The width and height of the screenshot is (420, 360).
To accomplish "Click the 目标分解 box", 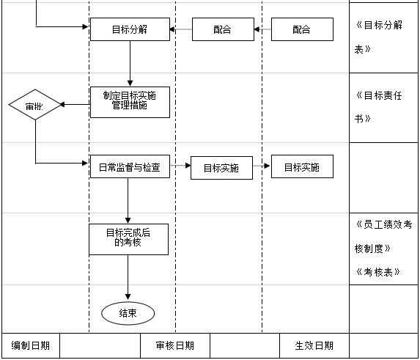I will tap(130, 29).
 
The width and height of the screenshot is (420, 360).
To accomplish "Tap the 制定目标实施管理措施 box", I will tap(130, 102).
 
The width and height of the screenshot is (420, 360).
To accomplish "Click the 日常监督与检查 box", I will tap(130, 166).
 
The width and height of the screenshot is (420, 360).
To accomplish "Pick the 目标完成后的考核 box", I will tap(128, 239).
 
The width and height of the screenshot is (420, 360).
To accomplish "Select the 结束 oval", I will tap(128, 313).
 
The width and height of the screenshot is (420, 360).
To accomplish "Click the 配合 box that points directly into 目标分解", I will tap(223, 29).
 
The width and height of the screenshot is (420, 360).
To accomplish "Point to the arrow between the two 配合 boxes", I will tap(262, 29).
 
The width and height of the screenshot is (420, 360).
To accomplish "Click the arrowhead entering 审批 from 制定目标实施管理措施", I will tap(64, 104).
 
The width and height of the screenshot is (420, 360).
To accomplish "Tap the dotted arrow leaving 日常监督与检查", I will tap(180, 166).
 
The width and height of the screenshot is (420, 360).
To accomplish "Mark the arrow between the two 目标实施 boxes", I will tap(262, 166).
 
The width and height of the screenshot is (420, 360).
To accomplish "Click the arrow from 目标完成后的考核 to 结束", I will tap(128, 278).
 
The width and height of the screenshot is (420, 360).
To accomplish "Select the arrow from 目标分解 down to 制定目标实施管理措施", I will tap(130, 63).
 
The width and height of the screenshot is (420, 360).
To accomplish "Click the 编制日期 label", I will tap(31, 345).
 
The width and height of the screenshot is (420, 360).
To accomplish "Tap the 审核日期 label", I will tap(175, 345).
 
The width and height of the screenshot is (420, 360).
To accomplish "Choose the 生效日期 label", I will tap(314, 345).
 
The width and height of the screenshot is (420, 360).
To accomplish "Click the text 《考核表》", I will tap(377, 271).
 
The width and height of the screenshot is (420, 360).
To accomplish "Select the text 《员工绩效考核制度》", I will tap(383, 236).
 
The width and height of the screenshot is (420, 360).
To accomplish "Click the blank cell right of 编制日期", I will tap(100, 345).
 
